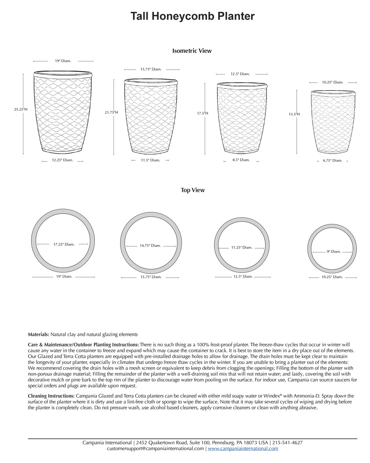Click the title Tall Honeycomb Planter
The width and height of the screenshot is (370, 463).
[192, 16]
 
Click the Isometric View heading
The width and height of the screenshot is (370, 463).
[192, 51]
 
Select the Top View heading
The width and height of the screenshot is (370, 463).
[192, 190]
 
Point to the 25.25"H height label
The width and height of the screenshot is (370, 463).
[21, 110]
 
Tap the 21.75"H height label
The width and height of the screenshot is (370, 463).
[111, 112]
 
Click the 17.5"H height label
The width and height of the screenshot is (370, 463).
[202, 113]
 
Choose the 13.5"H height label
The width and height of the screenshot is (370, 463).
[294, 114]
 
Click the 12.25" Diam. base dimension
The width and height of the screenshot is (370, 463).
[62, 160]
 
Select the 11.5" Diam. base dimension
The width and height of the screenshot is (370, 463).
[150, 160]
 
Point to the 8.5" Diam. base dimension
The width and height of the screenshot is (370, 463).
[241, 160]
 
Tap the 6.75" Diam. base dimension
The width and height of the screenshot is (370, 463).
[332, 161]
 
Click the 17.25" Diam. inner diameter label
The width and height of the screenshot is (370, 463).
[64, 244]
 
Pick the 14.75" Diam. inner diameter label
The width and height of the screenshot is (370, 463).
[150, 246]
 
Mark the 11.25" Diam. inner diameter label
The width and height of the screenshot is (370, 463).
[242, 247]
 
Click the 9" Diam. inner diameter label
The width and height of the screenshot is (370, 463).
[333, 252]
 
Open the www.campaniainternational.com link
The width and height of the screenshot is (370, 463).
[243, 449]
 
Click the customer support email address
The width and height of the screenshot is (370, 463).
[155, 449]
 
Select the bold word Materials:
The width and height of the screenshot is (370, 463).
[38, 334]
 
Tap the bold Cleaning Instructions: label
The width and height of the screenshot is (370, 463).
[51, 396]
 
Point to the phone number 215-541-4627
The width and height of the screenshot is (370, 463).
[287, 443]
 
